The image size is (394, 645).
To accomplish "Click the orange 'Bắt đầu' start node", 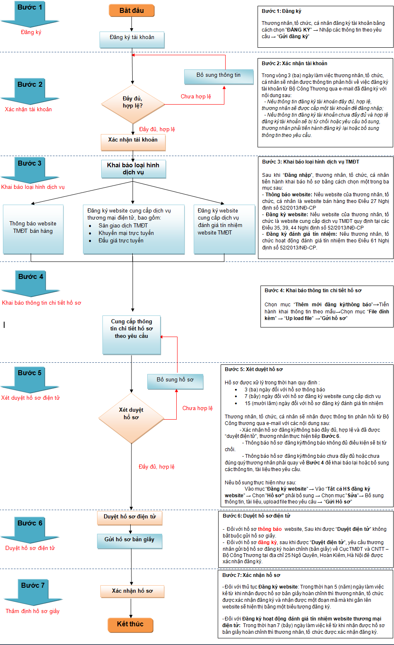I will click(x=131, y=11).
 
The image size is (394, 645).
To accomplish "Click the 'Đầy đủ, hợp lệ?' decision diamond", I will click(x=132, y=103).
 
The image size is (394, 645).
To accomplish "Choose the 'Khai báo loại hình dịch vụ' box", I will click(x=133, y=169).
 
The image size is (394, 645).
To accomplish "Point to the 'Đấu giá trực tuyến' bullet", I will click(x=121, y=241).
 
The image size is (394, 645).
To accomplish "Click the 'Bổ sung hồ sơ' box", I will click(x=175, y=380).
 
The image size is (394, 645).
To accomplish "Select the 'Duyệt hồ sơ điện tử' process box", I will click(x=130, y=517).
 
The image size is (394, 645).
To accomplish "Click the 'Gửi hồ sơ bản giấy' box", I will click(x=129, y=540).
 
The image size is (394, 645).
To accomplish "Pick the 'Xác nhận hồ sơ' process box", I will click(x=132, y=591).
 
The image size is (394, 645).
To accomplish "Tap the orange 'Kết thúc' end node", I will click(x=130, y=625).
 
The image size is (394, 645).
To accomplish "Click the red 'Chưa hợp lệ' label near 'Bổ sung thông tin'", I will click(x=196, y=97).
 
